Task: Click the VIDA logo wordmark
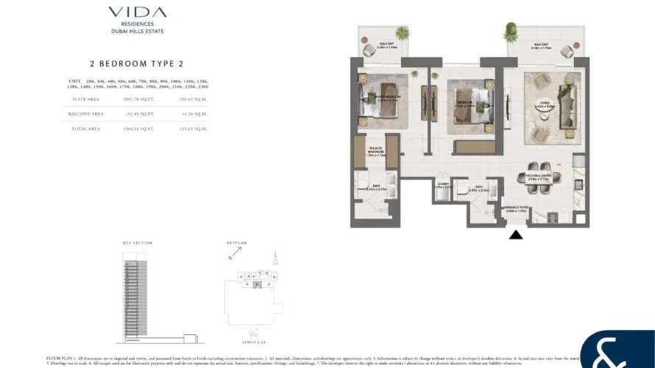tap(137, 13)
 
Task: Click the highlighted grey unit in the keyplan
tap(255, 283)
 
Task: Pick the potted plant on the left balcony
tap(401, 33)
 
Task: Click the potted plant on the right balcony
tap(510, 32)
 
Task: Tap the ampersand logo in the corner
tap(617, 351)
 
